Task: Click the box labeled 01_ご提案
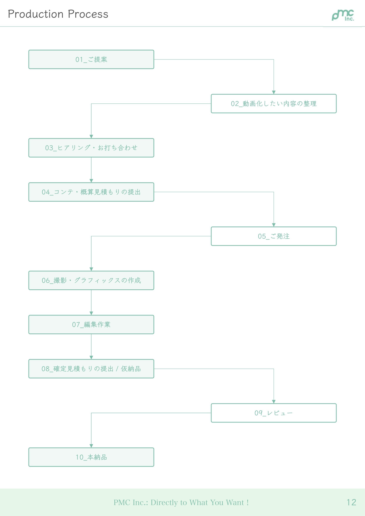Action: pos(91,59)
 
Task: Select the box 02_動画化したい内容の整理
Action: pos(274,103)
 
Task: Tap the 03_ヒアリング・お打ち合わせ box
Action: pos(91,148)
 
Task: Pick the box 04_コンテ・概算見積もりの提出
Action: pos(91,192)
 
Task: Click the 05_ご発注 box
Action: pos(274,236)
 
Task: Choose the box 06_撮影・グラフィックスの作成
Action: pos(91,280)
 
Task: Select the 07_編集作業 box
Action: pos(91,325)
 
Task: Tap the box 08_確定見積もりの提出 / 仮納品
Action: pos(91,369)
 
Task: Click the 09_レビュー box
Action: pos(274,413)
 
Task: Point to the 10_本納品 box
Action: pos(91,457)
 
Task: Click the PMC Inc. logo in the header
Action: pos(343,15)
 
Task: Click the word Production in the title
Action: pos(36,14)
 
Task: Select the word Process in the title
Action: pos(88,14)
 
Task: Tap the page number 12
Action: pos(351,502)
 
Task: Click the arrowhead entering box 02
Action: pos(274,92)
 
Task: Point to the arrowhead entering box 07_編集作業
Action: pos(91,313)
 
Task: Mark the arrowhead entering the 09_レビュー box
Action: pos(274,402)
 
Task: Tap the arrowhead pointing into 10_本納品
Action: pos(91,446)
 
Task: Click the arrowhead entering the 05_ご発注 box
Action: pos(274,225)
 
